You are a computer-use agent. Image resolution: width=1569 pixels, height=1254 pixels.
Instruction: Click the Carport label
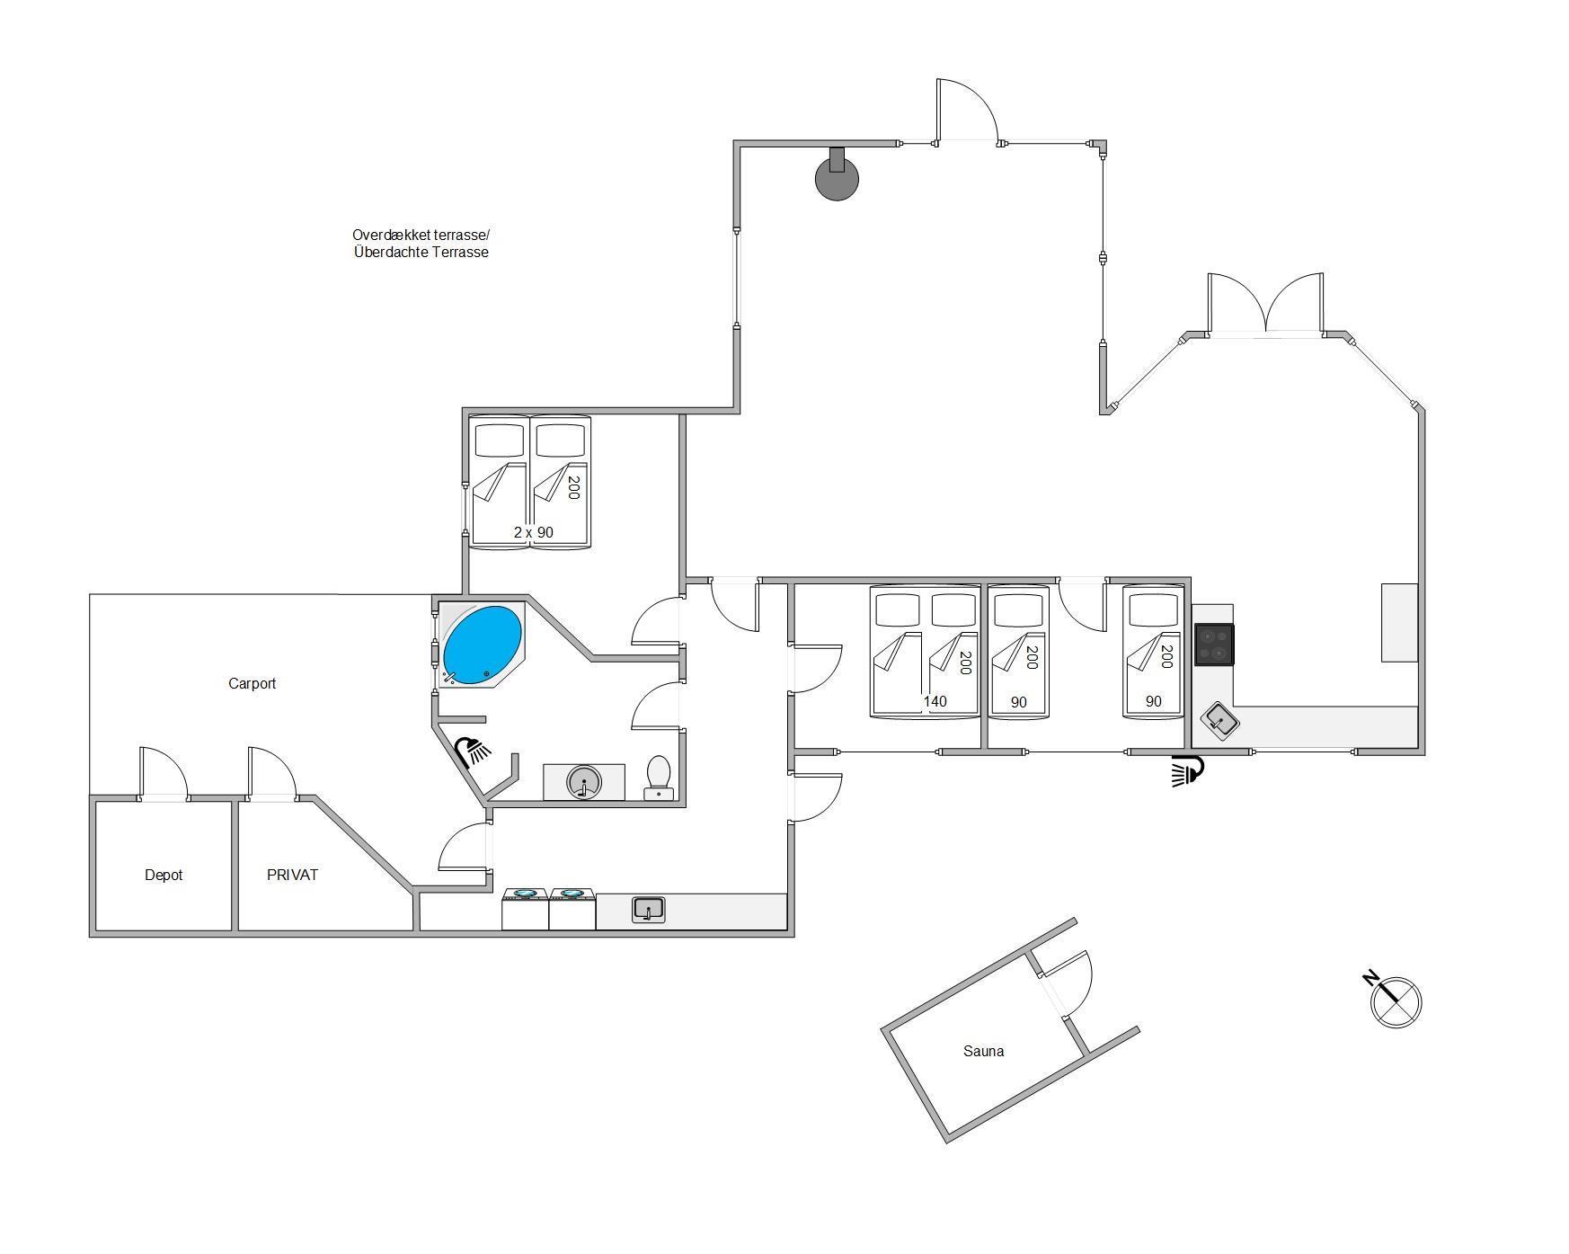tap(252, 683)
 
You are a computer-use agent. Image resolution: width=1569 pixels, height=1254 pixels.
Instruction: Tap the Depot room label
tap(164, 875)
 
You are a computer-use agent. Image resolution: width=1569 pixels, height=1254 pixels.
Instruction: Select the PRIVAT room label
tap(292, 875)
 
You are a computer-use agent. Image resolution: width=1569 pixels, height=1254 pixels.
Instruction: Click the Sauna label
tap(983, 1051)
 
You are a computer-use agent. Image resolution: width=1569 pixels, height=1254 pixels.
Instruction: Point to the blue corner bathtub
tap(482, 645)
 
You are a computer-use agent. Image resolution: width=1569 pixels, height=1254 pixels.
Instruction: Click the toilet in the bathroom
tap(659, 777)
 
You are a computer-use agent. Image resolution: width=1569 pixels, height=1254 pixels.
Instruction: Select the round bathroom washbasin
tap(583, 782)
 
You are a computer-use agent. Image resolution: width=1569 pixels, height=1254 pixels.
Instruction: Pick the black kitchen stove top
tap(1214, 645)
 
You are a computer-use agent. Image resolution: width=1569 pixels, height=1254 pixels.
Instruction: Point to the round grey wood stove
tap(837, 176)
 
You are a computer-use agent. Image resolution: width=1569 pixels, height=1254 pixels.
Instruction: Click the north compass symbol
tap(1395, 999)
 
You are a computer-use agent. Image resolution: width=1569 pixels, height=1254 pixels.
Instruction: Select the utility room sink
tap(648, 910)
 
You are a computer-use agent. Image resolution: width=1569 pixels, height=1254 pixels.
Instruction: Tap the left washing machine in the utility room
tap(525, 909)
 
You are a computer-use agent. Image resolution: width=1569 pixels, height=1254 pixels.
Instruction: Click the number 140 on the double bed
tap(935, 702)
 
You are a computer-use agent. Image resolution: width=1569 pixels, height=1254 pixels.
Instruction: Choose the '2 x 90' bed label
tap(534, 532)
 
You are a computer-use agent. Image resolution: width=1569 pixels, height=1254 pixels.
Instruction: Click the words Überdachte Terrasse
tap(421, 253)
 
